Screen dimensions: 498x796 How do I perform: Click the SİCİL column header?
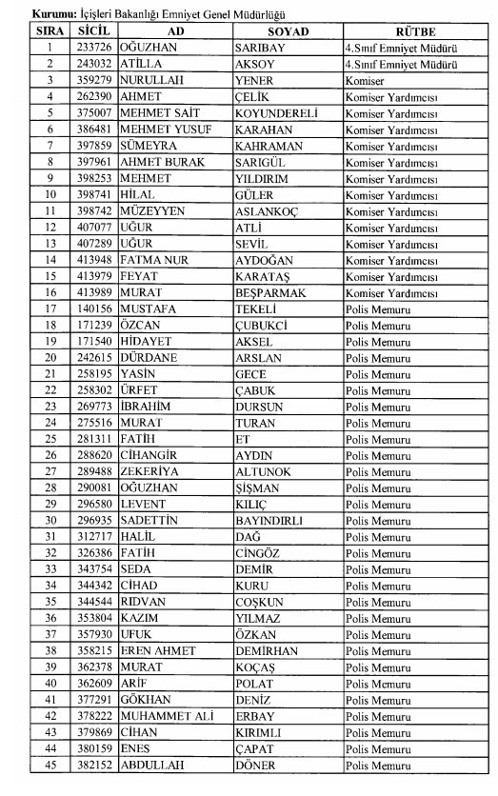point(95,31)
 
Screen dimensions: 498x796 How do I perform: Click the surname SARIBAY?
point(262,46)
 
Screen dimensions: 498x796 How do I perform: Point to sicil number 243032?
point(95,62)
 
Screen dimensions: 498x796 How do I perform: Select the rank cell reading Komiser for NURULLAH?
point(367,80)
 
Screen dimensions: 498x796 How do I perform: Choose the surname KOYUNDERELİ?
point(276,112)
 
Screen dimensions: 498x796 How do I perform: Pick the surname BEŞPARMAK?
point(270,293)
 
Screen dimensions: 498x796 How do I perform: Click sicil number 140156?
point(95,310)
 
